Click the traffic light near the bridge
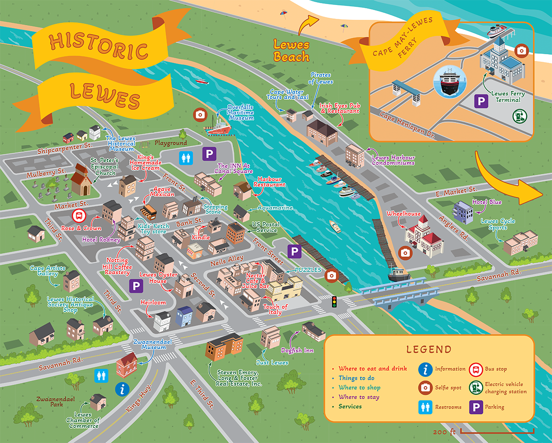click(x=334, y=302)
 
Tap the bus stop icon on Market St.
click(x=79, y=215)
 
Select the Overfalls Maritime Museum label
click(x=241, y=113)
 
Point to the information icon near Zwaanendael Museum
click(x=121, y=389)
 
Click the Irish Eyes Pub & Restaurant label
click(x=340, y=108)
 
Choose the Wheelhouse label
click(x=403, y=214)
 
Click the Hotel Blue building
click(x=462, y=212)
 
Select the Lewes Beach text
click(x=291, y=51)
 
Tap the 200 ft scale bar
click(x=497, y=431)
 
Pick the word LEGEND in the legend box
click(x=429, y=350)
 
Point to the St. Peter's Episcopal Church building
click(x=81, y=179)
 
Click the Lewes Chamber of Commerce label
click(x=83, y=420)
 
